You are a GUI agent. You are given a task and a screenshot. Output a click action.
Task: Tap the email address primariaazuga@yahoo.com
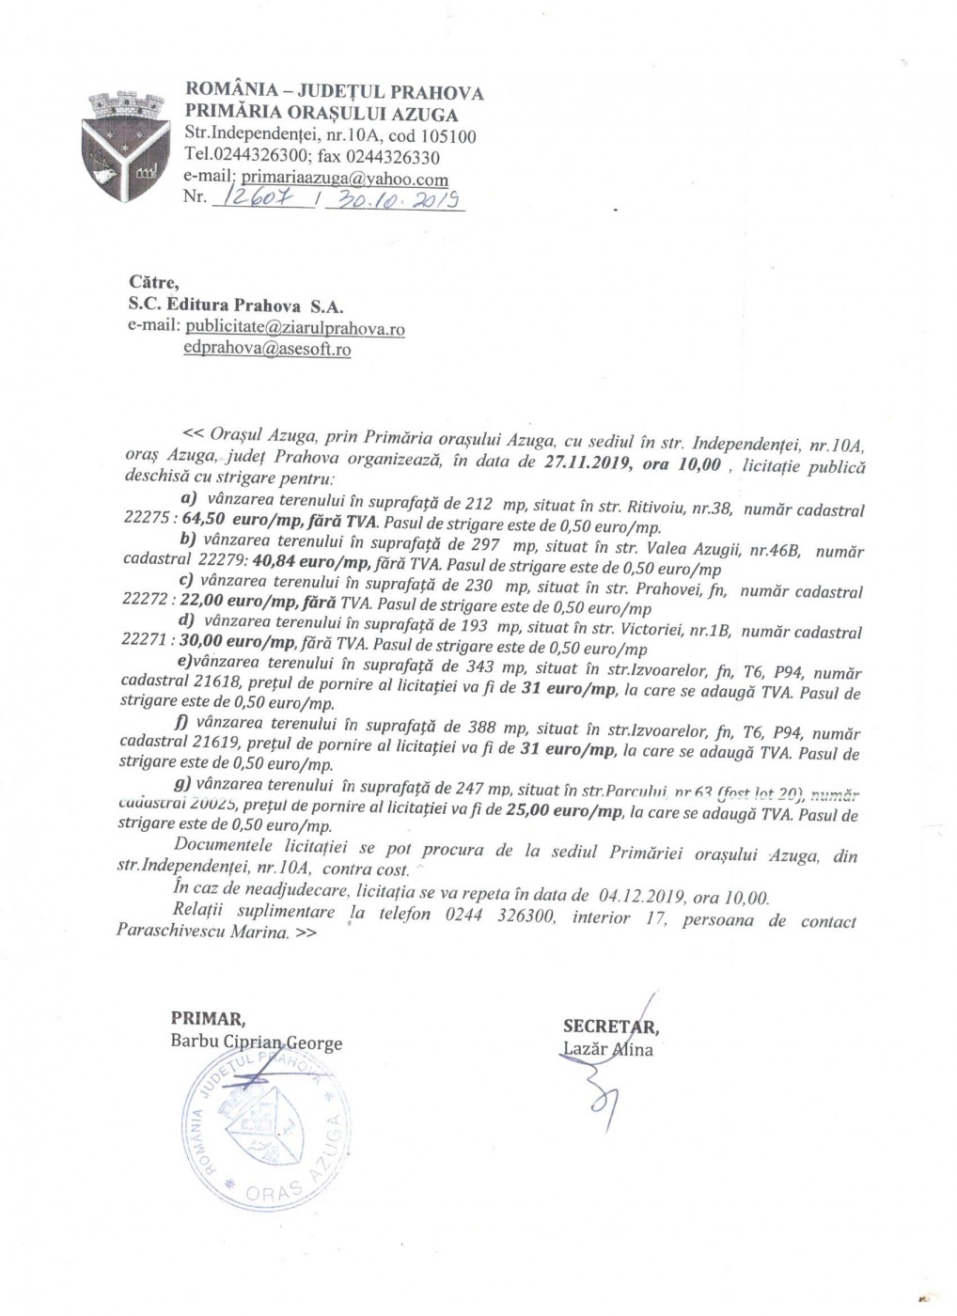[x=344, y=179]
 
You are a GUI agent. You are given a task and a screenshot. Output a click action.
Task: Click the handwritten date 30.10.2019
[x=395, y=199]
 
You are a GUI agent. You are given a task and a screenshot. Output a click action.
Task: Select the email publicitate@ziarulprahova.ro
[x=295, y=329]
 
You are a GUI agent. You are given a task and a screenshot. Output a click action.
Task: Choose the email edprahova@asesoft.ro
[x=268, y=349]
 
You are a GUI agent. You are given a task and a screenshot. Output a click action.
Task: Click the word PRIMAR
[x=208, y=1018]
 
